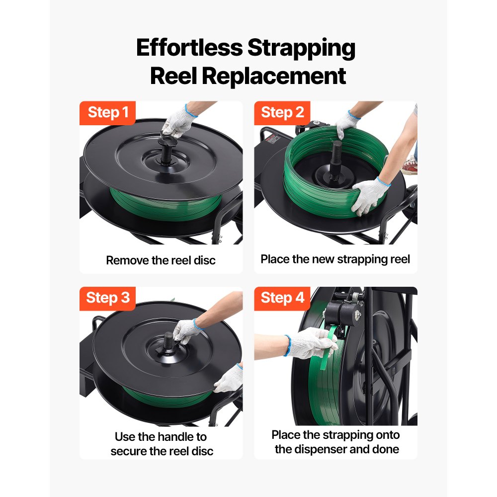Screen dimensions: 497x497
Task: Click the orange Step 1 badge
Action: pyautogui.click(x=108, y=113)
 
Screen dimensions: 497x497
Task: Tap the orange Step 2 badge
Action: pyautogui.click(x=282, y=113)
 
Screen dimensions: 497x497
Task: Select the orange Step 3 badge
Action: pyautogui.click(x=108, y=298)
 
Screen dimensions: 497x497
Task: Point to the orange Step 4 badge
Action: pyautogui.click(x=282, y=298)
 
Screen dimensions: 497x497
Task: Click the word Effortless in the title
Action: pyautogui.click(x=189, y=49)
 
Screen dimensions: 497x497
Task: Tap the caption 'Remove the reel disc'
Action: pyautogui.click(x=161, y=260)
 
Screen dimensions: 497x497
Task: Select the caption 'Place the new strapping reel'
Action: pyautogui.click(x=335, y=259)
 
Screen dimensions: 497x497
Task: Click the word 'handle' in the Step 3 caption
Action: pyautogui.click(x=174, y=437)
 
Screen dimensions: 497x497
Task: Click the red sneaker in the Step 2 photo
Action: pyautogui.click(x=410, y=166)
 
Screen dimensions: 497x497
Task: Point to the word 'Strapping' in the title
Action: pyautogui.click(x=302, y=49)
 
